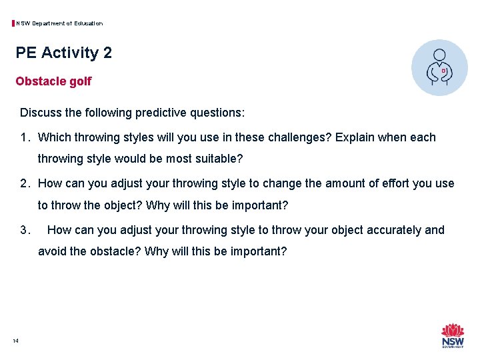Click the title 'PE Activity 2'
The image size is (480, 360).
coord(64,53)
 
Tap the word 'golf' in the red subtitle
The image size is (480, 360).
coord(79,81)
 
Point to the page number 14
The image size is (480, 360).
coord(15,341)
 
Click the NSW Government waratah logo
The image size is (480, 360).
coord(453,335)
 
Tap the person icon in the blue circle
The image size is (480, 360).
coord(439,67)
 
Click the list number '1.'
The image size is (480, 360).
coord(25,137)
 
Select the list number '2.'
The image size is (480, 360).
coord(25,183)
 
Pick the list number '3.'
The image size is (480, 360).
coord(25,230)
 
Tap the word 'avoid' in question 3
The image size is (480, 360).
coord(52,251)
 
